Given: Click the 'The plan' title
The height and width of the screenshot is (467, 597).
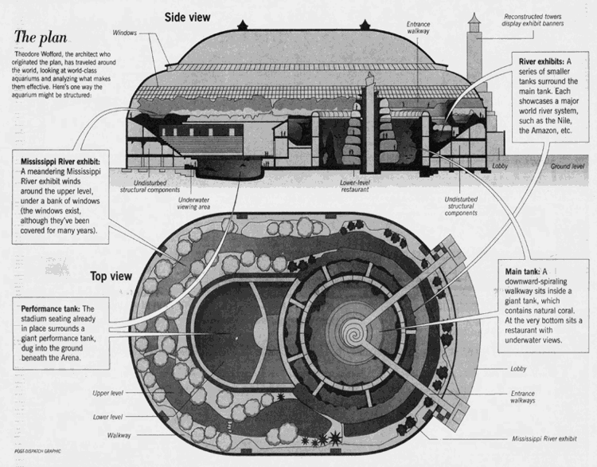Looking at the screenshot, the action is (41, 37).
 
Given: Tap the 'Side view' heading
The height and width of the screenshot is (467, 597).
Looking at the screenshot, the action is (187, 18).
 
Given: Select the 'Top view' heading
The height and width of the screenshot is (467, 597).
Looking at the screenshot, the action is (111, 276).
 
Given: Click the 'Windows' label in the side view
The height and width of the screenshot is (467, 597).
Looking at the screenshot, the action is (124, 33).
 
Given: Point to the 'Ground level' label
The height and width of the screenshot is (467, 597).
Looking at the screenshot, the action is (567, 167).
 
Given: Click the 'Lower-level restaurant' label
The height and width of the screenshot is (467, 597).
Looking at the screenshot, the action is (354, 186).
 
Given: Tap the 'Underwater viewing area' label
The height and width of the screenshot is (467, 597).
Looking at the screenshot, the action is (193, 203).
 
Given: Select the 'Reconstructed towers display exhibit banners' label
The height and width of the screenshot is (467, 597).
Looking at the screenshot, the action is (533, 20).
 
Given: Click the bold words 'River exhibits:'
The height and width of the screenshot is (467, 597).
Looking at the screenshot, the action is (541, 61).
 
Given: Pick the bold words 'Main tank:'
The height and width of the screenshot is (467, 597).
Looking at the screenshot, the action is (522, 272).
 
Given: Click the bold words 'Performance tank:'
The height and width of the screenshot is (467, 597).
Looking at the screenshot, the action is (51, 308).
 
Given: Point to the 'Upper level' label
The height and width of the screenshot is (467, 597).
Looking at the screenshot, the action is (107, 393).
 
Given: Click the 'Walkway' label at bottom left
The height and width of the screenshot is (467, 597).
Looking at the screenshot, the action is (119, 435).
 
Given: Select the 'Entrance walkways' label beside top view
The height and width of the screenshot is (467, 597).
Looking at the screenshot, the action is (523, 397).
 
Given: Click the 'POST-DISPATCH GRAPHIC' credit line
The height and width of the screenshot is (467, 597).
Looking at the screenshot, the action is (37, 451).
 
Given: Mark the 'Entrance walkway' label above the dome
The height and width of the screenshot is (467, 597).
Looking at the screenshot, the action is (418, 27).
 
